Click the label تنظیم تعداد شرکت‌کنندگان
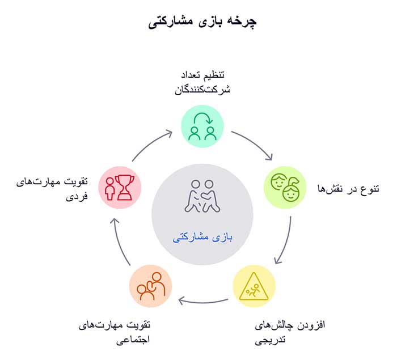[x=202, y=83]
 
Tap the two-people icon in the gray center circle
[x=202, y=196]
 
